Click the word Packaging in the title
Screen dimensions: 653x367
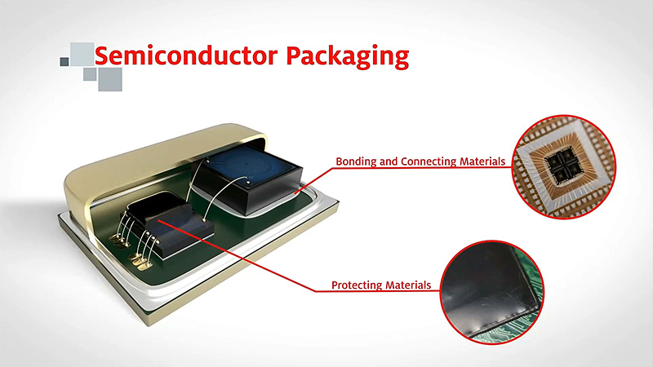tap(348, 57)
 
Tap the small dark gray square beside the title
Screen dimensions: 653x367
tap(64, 62)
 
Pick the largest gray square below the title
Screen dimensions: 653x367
tap(110, 79)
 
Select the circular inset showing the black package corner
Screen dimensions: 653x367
tap(492, 292)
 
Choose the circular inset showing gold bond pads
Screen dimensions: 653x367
tap(563, 166)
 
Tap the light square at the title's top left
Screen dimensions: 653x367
tap(82, 54)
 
